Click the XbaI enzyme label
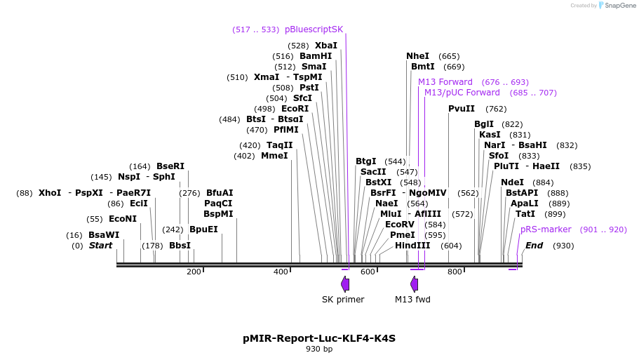tap(325, 45)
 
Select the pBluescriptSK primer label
tap(314, 29)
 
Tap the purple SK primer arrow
tap(345, 284)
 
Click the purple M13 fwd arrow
tap(415, 284)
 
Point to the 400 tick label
tap(281, 272)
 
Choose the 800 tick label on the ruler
tap(455, 272)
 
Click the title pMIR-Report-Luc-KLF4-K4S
tap(319, 338)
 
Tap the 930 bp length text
tap(319, 349)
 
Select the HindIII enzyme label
tap(412, 246)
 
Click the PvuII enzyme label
tap(462, 109)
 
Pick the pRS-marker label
tap(546, 229)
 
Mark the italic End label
tap(534, 246)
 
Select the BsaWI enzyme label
tap(104, 235)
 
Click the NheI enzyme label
tap(417, 56)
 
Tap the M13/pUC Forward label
tap(462, 93)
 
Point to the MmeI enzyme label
tap(274, 156)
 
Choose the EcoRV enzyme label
tap(400, 225)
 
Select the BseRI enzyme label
tap(170, 166)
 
